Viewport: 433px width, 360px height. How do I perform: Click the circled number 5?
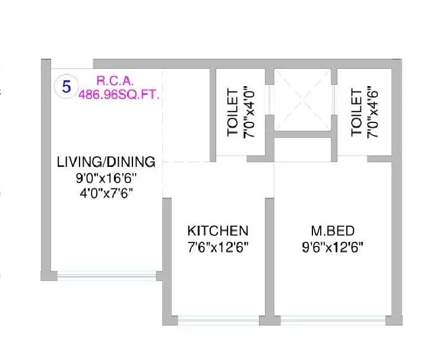(67, 86)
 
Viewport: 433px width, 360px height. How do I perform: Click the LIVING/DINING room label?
(106, 162)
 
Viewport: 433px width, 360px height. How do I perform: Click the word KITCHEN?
(217, 230)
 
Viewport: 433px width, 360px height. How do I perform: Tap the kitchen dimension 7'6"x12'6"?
(217, 247)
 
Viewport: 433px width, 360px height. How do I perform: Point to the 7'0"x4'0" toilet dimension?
(249, 113)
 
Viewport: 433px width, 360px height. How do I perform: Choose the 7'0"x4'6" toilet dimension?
(373, 113)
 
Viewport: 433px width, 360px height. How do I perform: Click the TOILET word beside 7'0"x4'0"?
(233, 113)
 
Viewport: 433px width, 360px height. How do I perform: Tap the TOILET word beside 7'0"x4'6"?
(356, 113)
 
